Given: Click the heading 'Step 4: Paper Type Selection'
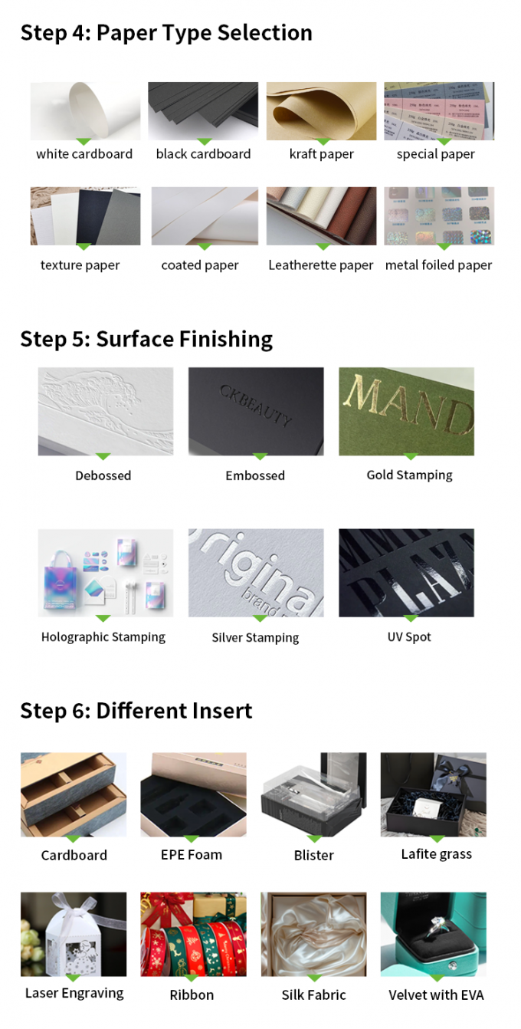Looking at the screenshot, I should [166, 33].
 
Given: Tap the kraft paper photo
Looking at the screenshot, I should [321, 110].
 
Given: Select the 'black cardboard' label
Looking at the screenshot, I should [203, 154].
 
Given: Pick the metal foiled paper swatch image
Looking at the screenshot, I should [439, 215].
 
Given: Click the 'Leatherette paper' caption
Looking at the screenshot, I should [321, 265].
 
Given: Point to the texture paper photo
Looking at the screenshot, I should [85, 215].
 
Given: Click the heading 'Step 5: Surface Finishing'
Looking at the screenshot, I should [146, 339].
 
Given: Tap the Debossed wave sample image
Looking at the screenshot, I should [106, 411].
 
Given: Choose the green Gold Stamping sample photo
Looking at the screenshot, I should [406, 411].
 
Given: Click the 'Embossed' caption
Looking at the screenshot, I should [255, 475].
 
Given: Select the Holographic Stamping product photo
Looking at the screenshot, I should [106, 572].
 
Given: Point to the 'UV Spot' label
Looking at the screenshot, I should [409, 637].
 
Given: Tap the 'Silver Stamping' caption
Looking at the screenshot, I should [255, 638].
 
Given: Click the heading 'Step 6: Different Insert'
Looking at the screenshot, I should [136, 711].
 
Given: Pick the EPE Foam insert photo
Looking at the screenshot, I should [193, 794].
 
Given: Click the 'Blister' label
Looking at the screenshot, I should [314, 855].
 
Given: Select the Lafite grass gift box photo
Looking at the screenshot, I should [433, 794].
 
